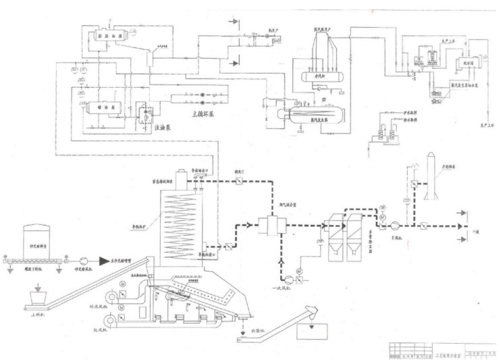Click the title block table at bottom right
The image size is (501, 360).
pyautogui.click(x=442, y=348)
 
